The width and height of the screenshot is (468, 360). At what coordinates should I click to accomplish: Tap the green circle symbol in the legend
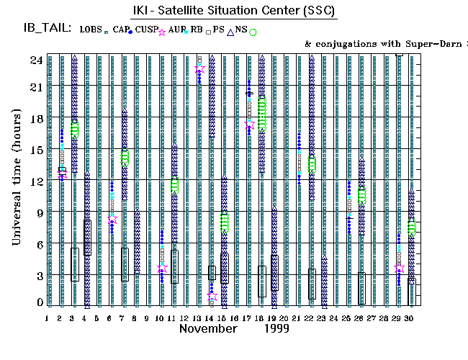tap(253, 32)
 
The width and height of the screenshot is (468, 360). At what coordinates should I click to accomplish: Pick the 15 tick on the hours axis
tap(35, 149)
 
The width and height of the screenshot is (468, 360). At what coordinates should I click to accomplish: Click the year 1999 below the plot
tap(276, 328)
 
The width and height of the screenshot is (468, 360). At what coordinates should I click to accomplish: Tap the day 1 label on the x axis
tap(47, 318)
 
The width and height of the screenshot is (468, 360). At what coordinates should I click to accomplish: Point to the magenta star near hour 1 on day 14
tap(212, 295)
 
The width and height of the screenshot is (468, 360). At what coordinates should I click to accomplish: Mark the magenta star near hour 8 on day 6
tap(112, 220)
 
